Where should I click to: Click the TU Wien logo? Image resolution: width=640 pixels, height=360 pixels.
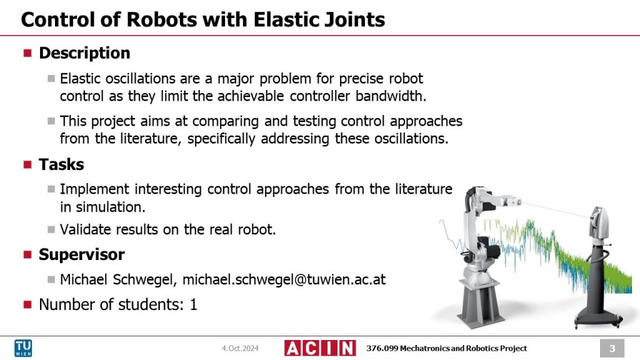click(x=24, y=348)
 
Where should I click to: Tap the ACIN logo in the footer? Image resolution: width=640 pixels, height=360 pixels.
click(x=319, y=348)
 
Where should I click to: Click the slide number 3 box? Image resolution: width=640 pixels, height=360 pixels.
click(x=612, y=348)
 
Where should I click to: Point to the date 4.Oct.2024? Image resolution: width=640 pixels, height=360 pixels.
click(x=240, y=348)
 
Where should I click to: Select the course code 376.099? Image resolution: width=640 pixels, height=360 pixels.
click(x=382, y=348)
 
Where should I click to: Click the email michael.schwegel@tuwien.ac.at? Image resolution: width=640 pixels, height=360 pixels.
click(x=284, y=279)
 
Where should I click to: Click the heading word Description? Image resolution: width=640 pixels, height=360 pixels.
click(x=84, y=53)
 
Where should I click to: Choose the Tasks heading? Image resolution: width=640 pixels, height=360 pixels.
click(x=61, y=164)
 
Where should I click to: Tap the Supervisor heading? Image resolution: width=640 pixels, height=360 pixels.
click(x=81, y=254)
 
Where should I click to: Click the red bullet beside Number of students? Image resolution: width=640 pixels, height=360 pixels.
click(x=27, y=305)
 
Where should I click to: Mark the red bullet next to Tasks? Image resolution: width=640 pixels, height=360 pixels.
click(x=27, y=165)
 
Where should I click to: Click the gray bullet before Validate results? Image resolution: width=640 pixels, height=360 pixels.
click(x=51, y=229)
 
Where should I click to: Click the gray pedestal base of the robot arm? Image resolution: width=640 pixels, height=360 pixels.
click(x=481, y=300)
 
